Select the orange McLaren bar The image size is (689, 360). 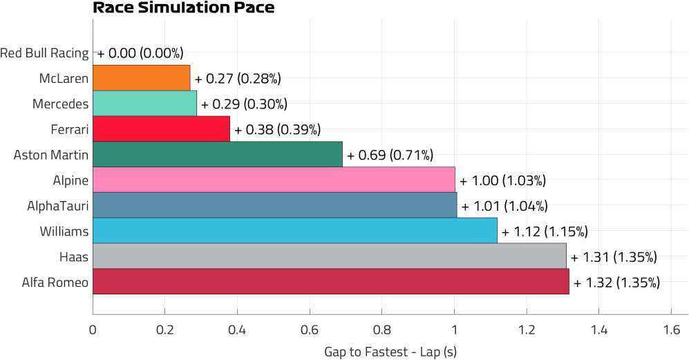pos(141,78)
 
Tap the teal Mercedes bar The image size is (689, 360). pos(144,104)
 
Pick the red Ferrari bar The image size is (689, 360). pos(161,129)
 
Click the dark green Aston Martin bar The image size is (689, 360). pos(217,154)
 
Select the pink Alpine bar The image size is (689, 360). pos(274,180)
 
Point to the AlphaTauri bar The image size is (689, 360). pos(274,205)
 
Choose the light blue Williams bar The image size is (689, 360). pos(294,231)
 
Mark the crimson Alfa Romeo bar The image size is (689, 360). pos(330,282)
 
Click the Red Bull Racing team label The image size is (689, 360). pos(44,53)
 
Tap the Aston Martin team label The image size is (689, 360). pos(51,155)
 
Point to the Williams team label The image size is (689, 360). pos(64,231)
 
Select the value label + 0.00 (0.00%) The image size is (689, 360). pos(140,53)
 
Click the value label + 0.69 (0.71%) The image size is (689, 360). pos(390,155)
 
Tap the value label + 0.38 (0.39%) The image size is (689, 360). pos(277,129)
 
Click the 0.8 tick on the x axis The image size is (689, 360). pos(382,330)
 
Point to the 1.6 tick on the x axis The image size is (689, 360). pos(671,330)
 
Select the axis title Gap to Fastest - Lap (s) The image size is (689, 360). pos(390,351)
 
